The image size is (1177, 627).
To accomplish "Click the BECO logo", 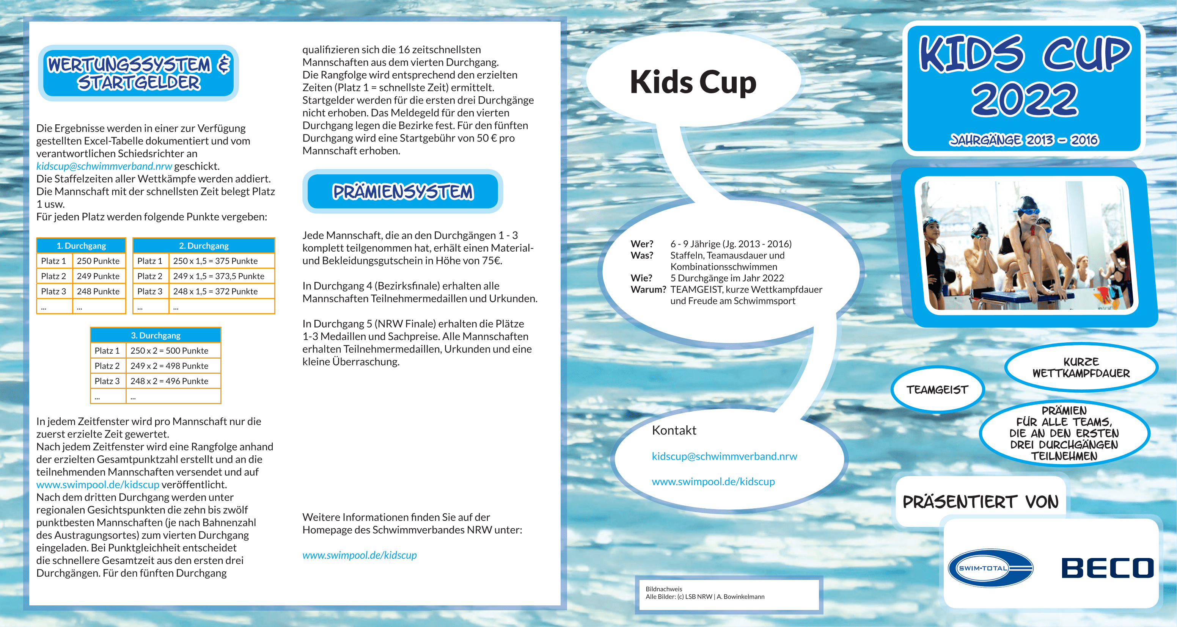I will point(1107,568).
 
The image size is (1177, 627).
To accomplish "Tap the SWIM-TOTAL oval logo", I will point(990,568).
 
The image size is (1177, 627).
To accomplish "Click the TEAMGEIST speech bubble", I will point(937,390).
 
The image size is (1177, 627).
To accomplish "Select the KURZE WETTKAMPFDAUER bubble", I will point(1081,368).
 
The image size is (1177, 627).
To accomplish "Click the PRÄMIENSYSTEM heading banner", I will point(402,191).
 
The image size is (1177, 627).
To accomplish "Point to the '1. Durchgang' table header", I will point(81,246).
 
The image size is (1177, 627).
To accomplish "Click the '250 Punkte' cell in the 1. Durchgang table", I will point(98,261).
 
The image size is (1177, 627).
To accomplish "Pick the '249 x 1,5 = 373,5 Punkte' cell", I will point(218,276).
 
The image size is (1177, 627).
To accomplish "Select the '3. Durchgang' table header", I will point(156,335).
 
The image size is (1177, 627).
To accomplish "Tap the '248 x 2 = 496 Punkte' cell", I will point(169,381).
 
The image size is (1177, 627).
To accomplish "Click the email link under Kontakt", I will point(724,456).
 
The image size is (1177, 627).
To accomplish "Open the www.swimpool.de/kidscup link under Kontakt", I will point(713,481).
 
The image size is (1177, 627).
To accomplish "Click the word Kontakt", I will point(674,430).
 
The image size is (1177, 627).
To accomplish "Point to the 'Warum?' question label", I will point(648,290).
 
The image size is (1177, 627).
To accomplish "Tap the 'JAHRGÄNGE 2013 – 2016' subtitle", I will point(1023,140).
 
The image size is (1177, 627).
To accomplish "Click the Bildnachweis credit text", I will point(704,593).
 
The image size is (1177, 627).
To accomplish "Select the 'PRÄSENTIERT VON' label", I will point(981,502).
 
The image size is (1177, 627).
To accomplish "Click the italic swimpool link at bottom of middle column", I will point(360,555).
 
